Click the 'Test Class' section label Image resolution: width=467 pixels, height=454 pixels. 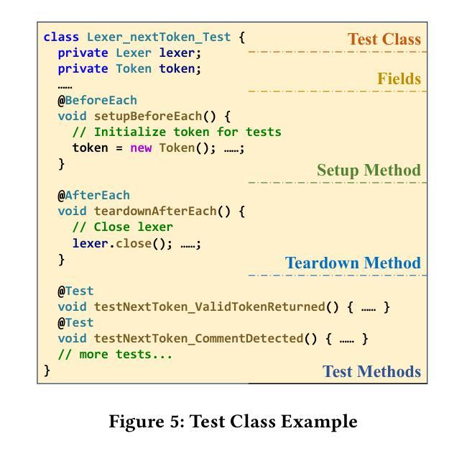[x=384, y=39]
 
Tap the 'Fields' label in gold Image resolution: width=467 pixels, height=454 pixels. [x=399, y=79]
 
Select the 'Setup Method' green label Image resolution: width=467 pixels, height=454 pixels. [x=369, y=171]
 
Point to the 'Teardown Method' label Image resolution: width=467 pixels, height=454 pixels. [x=353, y=263]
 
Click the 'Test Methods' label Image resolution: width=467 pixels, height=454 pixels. [x=371, y=372]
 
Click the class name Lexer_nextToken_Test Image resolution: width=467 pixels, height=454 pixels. [x=159, y=37]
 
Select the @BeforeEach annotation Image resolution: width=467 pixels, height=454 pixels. [x=98, y=100]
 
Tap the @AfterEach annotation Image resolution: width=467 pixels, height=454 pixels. [x=94, y=195]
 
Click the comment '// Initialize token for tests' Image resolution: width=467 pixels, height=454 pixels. [x=177, y=132]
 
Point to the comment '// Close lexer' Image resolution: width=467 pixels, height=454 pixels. [x=123, y=227]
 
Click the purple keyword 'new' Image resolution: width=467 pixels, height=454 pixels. [x=141, y=147]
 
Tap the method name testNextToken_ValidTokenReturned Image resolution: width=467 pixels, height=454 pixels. [x=209, y=307]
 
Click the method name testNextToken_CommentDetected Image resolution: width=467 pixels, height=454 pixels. [x=198, y=338]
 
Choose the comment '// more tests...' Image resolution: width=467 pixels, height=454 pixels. [x=115, y=354]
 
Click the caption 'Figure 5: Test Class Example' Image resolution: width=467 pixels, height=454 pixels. [x=233, y=422]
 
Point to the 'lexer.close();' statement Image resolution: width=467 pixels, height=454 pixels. [x=123, y=243]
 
